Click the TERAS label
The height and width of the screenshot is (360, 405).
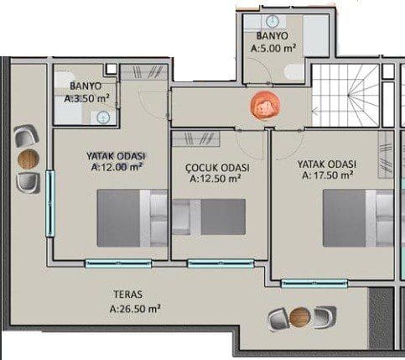click(128, 295)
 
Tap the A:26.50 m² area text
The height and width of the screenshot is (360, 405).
click(135, 309)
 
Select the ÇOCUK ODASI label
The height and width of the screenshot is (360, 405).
click(217, 168)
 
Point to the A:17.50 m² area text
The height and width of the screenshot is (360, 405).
click(327, 175)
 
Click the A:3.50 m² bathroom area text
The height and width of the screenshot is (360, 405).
click(86, 98)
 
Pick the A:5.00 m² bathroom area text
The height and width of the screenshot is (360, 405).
click(273, 48)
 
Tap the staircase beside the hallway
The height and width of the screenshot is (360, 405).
click(345, 96)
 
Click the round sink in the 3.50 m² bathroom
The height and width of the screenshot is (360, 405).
click(103, 117)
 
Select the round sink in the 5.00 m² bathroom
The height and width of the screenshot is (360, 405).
click(273, 21)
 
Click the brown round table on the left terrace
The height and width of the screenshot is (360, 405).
click(29, 159)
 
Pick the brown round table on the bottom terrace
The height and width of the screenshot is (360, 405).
click(300, 317)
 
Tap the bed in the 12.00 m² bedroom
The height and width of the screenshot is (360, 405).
click(132, 218)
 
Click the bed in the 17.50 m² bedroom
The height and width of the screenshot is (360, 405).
click(358, 218)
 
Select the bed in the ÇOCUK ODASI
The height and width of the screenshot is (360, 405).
click(209, 217)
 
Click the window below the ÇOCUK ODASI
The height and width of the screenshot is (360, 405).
click(221, 263)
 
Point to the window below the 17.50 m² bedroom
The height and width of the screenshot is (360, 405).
click(314, 284)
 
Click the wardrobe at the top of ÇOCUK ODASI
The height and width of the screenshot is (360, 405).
click(195, 139)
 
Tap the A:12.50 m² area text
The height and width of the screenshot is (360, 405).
click(215, 179)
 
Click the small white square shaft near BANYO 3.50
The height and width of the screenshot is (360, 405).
click(111, 69)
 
